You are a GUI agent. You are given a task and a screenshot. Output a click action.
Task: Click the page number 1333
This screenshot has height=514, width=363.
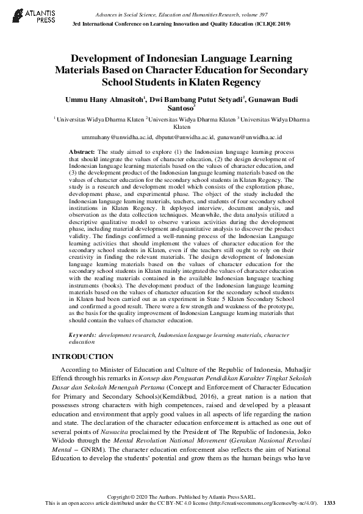click(x=329, y=502)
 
